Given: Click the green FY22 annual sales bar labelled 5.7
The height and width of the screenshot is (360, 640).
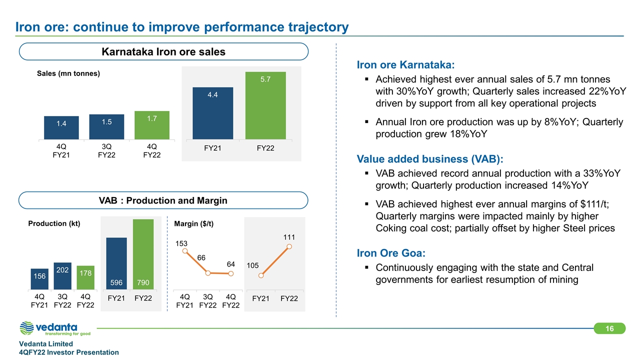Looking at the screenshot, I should point(265,105).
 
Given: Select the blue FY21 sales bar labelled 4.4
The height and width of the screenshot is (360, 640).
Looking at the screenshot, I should point(212,113).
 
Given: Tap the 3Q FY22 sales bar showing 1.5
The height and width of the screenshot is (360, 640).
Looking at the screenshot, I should point(106,127).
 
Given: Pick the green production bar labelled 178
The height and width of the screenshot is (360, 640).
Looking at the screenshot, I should point(84,277).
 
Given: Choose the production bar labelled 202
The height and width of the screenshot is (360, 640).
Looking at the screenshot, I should point(62,276).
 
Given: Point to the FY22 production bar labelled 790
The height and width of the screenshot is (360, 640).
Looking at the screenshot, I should point(143,254).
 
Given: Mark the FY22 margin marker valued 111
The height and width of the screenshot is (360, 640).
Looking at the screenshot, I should point(289,246).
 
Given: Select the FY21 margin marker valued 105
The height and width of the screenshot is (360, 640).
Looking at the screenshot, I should point(260,274).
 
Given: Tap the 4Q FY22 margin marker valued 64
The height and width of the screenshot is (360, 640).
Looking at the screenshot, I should point(230,273).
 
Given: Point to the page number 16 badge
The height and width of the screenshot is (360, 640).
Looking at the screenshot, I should point(609,328).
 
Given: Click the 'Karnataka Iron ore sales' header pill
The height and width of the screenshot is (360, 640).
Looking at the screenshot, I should point(163,51).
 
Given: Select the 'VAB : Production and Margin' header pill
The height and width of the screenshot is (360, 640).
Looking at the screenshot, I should point(163,200).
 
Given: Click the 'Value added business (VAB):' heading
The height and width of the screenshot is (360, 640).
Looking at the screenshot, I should point(430,159).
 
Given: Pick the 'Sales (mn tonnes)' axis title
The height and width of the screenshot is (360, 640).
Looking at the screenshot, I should point(68,73).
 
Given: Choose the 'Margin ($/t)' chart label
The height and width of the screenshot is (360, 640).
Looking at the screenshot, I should point(193,223).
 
